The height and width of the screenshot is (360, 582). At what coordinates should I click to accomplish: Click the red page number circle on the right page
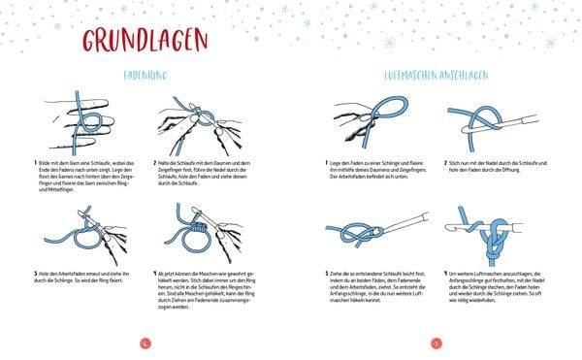click(x=436, y=342)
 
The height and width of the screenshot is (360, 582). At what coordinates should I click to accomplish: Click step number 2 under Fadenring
click(x=154, y=162)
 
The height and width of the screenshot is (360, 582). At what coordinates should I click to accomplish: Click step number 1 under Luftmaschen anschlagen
click(x=326, y=162)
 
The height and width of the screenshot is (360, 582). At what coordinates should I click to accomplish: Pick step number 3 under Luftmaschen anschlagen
click(x=326, y=275)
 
